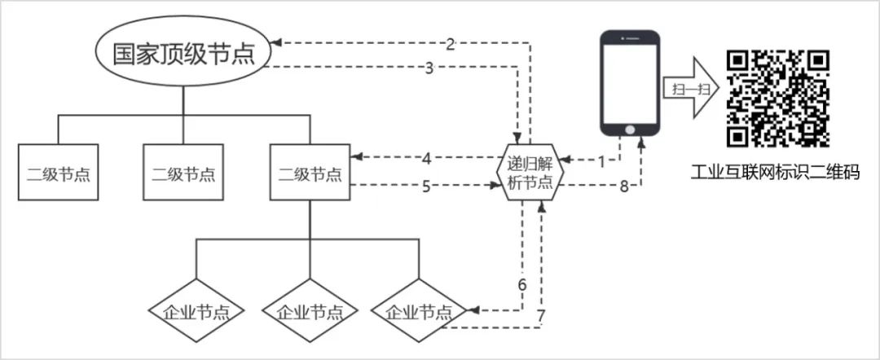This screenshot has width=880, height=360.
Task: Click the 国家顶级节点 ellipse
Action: click(183, 55)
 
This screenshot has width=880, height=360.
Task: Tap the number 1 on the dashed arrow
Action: click(602, 161)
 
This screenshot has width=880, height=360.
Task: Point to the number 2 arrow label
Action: click(451, 42)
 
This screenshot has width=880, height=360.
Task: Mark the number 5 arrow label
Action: click(426, 187)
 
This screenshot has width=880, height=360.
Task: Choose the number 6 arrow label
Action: click(522, 285)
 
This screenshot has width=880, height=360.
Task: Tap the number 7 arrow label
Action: click(541, 315)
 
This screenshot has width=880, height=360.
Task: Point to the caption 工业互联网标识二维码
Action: click(775, 173)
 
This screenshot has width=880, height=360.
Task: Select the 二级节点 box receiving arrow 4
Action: click(310, 173)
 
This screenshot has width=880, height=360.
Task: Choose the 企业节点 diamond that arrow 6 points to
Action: click(418, 310)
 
